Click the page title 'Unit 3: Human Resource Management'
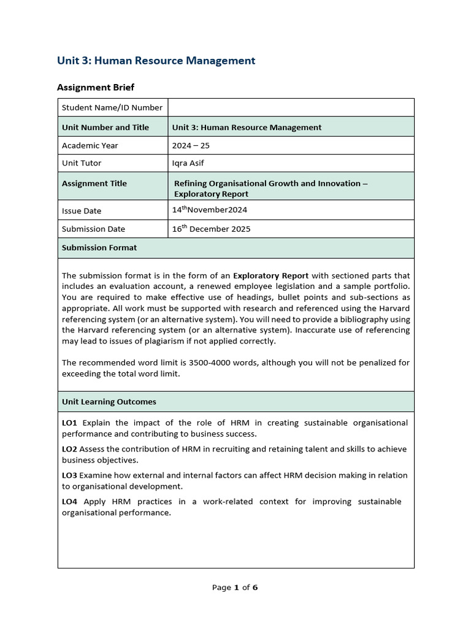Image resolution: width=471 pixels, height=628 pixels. pos(156,60)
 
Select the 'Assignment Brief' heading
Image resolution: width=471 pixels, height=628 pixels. pos(96,87)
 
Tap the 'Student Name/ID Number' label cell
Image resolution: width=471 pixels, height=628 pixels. pos(112,107)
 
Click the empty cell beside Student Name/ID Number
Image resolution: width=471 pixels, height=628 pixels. pos(291,107)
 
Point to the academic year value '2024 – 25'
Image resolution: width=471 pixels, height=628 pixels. pos(191,145)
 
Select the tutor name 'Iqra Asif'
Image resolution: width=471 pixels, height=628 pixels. pos(188,163)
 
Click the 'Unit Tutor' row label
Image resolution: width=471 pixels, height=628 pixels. pos(82,163)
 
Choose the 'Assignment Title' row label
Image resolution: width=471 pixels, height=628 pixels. pos(94,183)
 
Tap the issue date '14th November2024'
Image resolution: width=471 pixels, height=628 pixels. pos(210,210)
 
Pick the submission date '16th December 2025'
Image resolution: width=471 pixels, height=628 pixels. pos(212,229)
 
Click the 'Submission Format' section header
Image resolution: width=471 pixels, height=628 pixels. pos(99,248)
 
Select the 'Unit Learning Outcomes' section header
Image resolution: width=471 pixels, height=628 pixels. pos(109,402)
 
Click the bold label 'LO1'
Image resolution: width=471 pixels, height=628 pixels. pos(70,423)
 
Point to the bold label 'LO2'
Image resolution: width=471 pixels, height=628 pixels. pos(70,449)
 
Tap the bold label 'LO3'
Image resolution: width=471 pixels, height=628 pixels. pos(70,475)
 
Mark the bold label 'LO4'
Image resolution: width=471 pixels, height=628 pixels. pos(70,502)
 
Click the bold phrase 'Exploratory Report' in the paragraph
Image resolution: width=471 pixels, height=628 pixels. pos(270,275)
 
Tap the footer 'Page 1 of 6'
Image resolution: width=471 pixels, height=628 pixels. pos(235,588)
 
